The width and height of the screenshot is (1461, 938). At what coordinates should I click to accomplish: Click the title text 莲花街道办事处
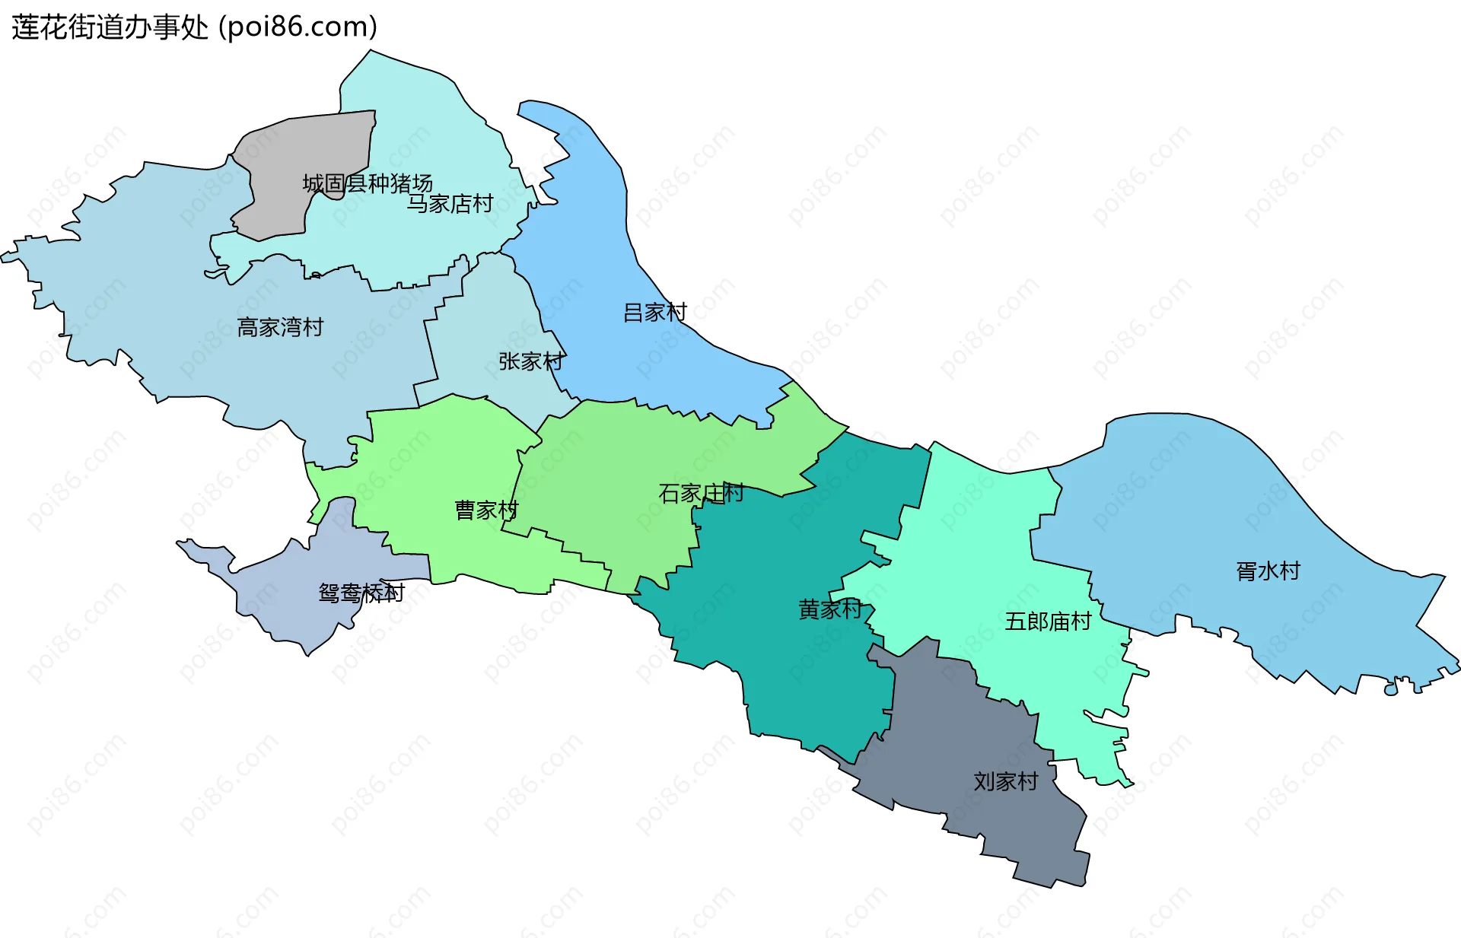coord(110,27)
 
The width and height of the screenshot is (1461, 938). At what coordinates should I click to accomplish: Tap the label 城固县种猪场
coord(368,183)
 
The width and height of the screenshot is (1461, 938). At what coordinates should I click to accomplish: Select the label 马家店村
coord(450,204)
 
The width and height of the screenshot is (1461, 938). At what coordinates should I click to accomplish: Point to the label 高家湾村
coord(280,328)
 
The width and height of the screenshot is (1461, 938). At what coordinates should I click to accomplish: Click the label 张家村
coord(531,361)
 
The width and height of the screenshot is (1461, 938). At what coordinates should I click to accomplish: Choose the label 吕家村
coord(654,313)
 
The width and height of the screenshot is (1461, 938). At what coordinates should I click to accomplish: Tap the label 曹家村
coord(486,510)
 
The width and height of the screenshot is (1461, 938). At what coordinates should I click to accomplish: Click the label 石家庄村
coord(701,494)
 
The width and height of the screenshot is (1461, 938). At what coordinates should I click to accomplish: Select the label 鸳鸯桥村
coord(361,593)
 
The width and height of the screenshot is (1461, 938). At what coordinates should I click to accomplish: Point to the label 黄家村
coord(830,609)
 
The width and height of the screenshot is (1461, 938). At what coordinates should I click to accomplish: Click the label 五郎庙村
coord(1048,622)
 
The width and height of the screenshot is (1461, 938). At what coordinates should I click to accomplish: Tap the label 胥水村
coord(1268,571)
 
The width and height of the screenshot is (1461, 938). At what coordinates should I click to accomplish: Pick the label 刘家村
coord(1006,782)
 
